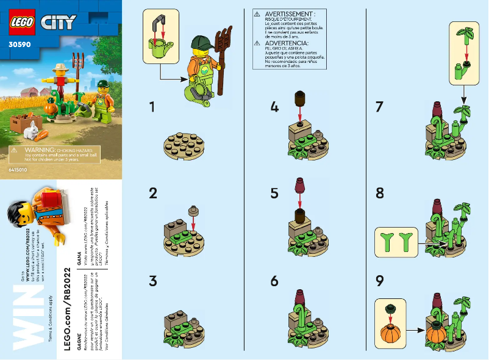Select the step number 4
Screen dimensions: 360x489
[x=275, y=107]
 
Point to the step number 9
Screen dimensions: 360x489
[x=380, y=282]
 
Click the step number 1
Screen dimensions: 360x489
[x=153, y=107]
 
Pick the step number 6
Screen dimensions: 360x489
[x=275, y=281]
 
